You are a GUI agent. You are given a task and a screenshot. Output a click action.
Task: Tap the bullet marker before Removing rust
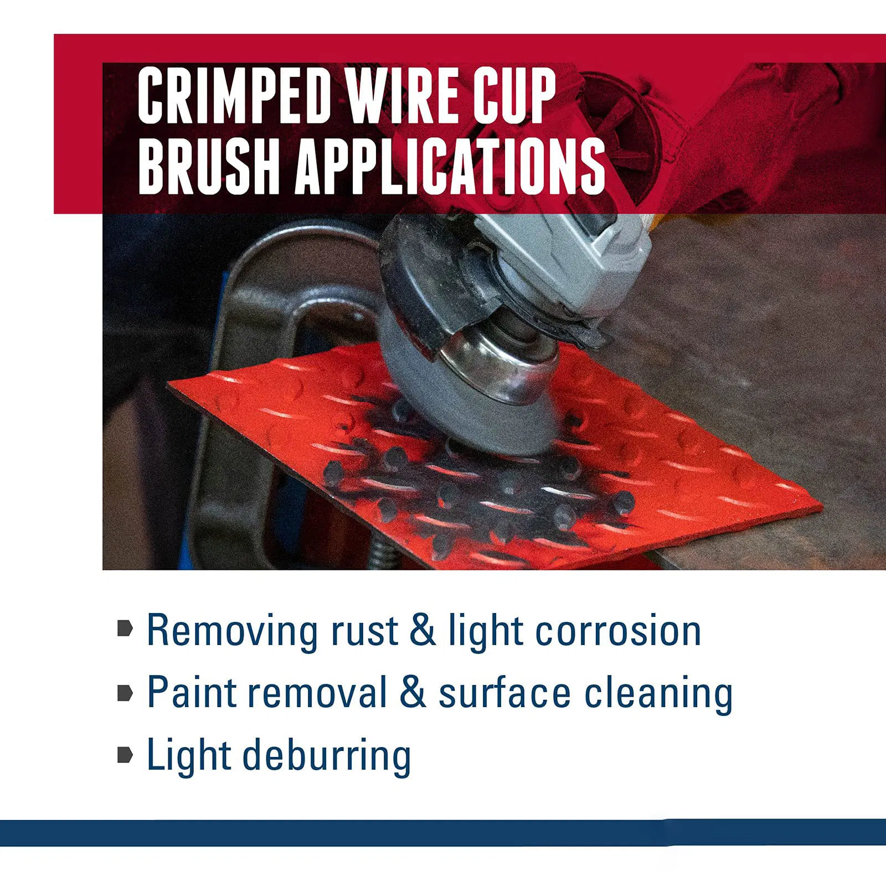click(125, 628)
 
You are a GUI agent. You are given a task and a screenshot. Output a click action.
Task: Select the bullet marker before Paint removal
click(125, 692)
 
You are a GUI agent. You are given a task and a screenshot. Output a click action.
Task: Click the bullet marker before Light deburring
click(125, 754)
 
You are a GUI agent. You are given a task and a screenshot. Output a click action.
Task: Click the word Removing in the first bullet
click(233, 631)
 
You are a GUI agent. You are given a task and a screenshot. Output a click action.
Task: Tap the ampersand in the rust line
click(423, 630)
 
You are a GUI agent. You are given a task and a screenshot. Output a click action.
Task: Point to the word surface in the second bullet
click(504, 693)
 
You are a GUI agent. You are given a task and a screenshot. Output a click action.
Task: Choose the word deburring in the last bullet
click(327, 755)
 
